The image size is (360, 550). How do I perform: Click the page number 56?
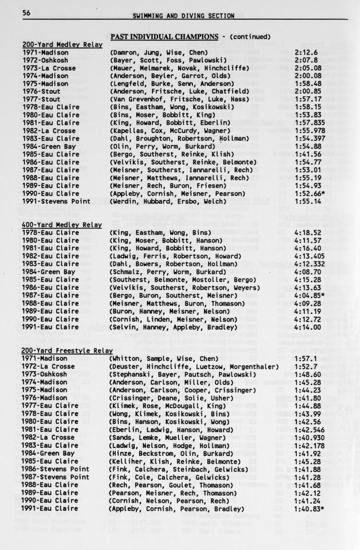[26, 13]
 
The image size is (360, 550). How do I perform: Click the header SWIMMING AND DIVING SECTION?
[183, 16]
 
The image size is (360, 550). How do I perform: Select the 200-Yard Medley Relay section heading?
[62, 44]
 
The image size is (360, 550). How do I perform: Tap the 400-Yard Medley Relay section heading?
[62, 225]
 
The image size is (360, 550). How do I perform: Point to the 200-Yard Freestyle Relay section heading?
[67, 351]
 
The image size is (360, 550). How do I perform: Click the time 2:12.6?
[307, 52]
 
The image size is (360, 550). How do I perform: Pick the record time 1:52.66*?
[310, 193]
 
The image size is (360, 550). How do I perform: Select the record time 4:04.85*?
[310, 296]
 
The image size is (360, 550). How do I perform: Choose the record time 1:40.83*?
[310, 509]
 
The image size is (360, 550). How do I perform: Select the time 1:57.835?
[310, 123]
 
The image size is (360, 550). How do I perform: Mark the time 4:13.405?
[310, 256]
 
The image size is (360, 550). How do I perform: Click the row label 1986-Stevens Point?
[56, 469]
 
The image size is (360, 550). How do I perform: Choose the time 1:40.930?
[310, 438]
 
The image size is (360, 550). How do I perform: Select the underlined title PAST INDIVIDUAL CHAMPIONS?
[164, 37]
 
